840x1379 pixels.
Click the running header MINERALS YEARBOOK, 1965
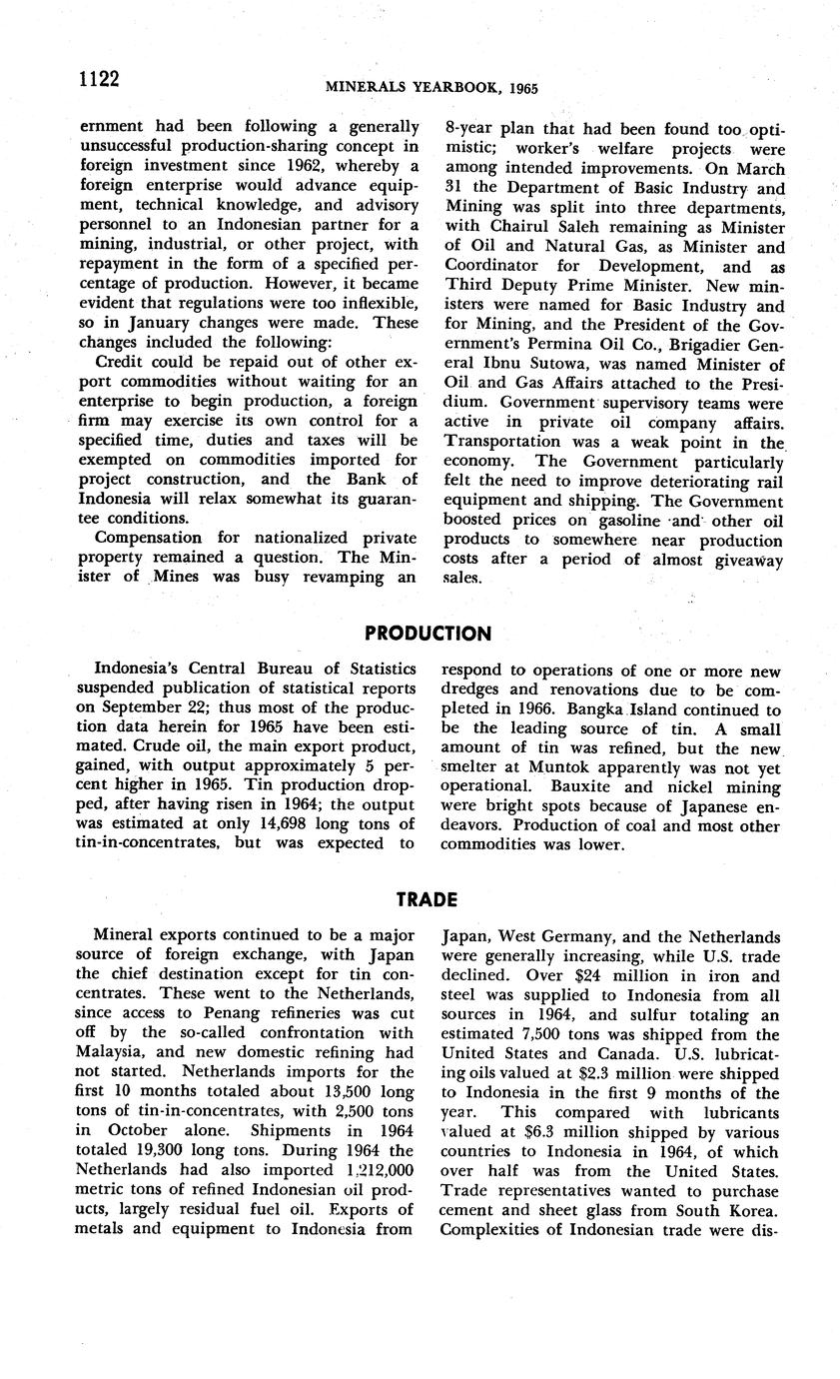click(x=431, y=88)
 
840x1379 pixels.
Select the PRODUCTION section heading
click(x=427, y=634)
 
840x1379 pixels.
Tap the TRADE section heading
click(x=426, y=899)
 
